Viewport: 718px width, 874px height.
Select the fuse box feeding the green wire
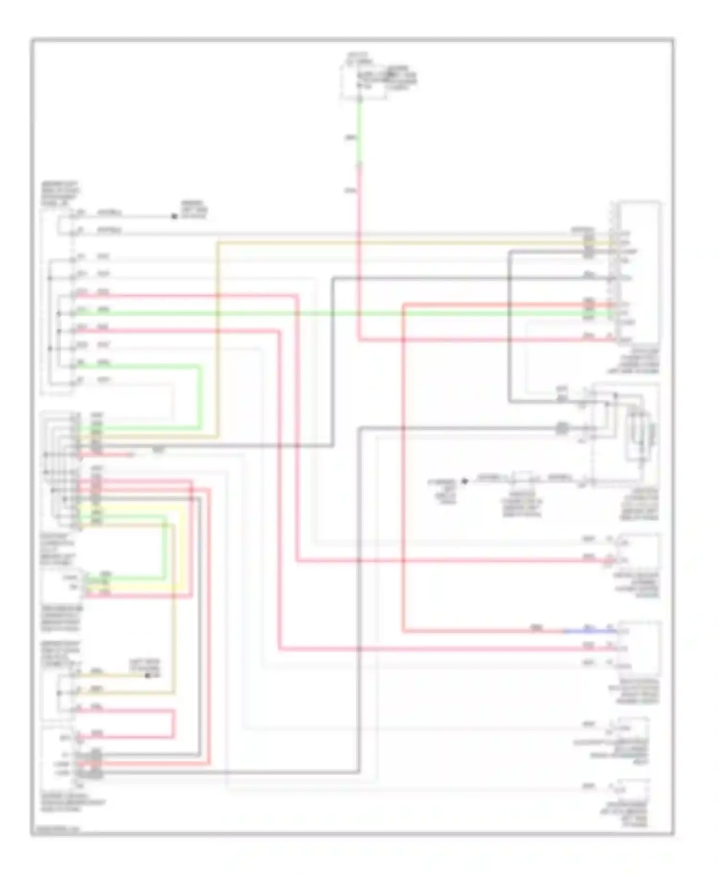tap(363, 81)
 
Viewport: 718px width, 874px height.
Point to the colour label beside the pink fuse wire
tap(350, 191)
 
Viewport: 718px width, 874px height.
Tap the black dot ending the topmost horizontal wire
tap(174, 217)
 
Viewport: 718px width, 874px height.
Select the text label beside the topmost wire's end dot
tap(194, 210)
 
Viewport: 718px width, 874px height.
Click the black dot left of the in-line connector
tap(464, 481)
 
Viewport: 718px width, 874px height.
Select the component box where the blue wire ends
tap(639, 648)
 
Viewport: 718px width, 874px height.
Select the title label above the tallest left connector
tap(60, 194)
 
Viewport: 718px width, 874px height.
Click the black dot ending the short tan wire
tap(147, 676)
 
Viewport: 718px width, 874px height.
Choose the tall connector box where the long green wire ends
tap(639, 273)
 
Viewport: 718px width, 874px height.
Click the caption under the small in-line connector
tap(522, 504)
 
